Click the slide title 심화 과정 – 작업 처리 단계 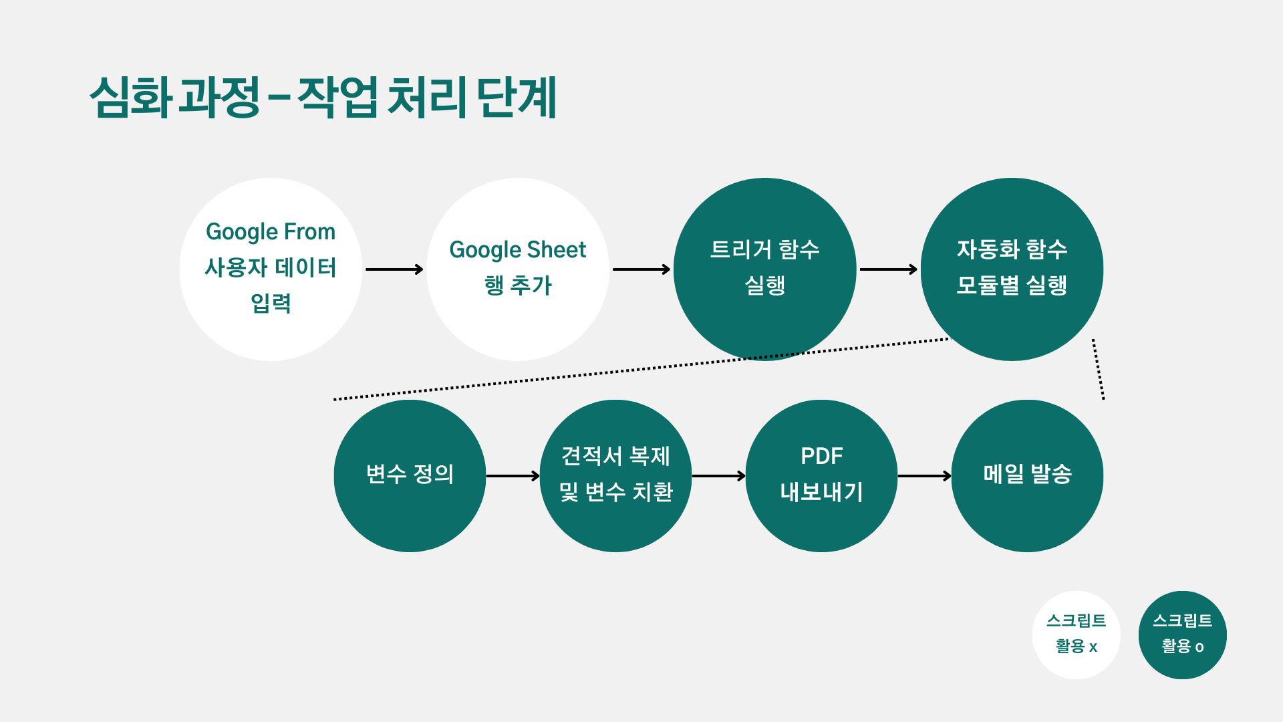323,98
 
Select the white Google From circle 271,269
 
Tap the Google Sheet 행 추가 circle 518,269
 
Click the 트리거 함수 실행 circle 764,269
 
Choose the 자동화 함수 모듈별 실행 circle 1012,269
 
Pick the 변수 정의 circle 410,475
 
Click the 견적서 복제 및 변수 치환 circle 615,475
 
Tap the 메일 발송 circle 1027,475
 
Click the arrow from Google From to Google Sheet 394,269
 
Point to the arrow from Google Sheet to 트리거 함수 641,269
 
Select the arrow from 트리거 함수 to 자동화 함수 888,269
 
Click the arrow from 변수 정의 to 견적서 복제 513,476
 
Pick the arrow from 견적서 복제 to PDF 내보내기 718,476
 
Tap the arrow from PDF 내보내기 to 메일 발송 924,476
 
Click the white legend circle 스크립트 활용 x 1076,634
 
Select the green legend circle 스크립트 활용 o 1182,634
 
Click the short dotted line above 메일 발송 1098,369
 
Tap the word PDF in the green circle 821,456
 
